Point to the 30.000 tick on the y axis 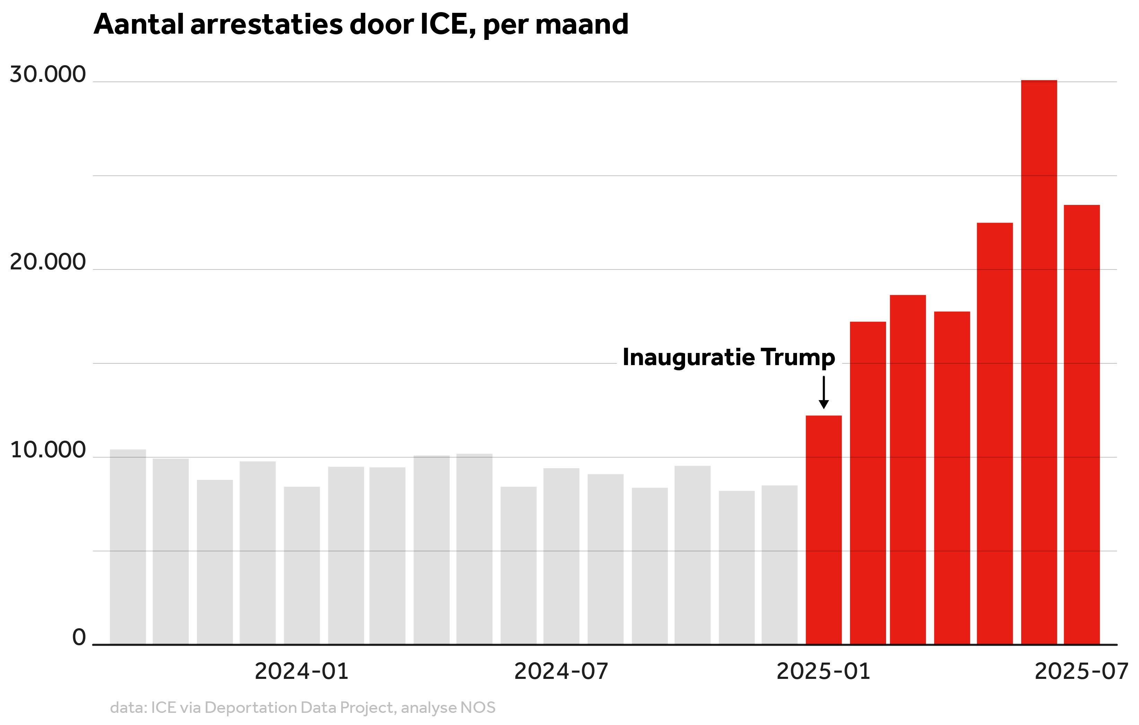pyautogui.click(x=48, y=75)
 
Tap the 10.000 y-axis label pyautogui.click(x=48, y=450)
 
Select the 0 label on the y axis pyautogui.click(x=79, y=637)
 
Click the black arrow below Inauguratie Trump pyautogui.click(x=824, y=393)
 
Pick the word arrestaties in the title pyautogui.click(x=267, y=24)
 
